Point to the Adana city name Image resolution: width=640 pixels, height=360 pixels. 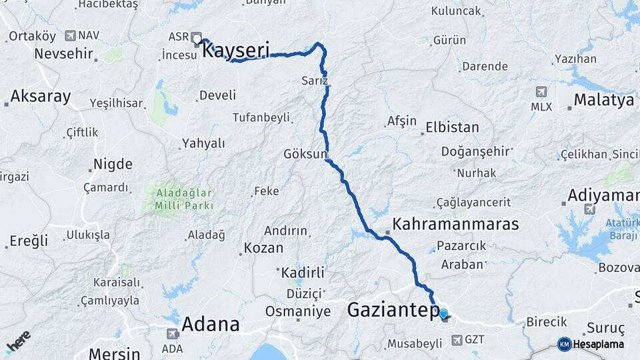[x=210, y=325]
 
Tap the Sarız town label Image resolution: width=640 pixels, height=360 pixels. [x=314, y=81]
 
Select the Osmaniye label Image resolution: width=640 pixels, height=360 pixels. [x=298, y=311]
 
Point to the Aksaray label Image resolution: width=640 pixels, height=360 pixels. [x=40, y=96]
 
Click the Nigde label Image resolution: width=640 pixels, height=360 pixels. [x=113, y=164]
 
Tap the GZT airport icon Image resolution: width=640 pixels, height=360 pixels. [x=457, y=340]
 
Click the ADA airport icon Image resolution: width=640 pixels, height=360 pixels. [x=172, y=333]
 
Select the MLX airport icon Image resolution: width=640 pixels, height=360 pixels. [x=541, y=91]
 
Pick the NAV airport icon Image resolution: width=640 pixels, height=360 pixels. [x=71, y=35]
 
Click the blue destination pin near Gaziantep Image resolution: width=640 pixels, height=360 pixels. [x=443, y=313]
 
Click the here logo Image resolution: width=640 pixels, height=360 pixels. [x=18, y=341]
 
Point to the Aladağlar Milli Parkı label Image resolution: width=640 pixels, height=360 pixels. [x=179, y=200]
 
